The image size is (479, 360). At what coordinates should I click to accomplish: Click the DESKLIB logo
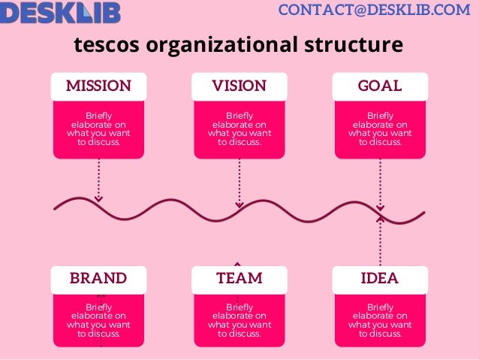60,12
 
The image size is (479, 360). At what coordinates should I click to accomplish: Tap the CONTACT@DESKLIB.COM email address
374,10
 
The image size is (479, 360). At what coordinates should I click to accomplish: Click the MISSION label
98,86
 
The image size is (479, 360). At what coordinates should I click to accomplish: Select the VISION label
239,86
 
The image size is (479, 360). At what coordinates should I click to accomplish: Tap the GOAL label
380,86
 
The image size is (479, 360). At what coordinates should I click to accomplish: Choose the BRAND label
98,278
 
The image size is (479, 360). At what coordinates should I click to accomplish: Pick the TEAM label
239,278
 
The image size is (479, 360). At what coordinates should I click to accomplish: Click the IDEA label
380,278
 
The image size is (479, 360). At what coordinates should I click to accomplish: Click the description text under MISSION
98,129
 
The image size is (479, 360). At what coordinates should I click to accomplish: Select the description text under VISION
239,129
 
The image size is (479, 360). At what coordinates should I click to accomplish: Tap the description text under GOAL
380,129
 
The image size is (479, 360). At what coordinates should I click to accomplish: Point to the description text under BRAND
98,321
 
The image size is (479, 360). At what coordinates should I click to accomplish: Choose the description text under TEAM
239,321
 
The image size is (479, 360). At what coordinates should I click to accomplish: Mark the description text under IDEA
380,321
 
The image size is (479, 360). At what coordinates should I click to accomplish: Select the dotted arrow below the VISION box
239,183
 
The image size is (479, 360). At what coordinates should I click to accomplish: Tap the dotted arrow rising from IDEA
380,241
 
